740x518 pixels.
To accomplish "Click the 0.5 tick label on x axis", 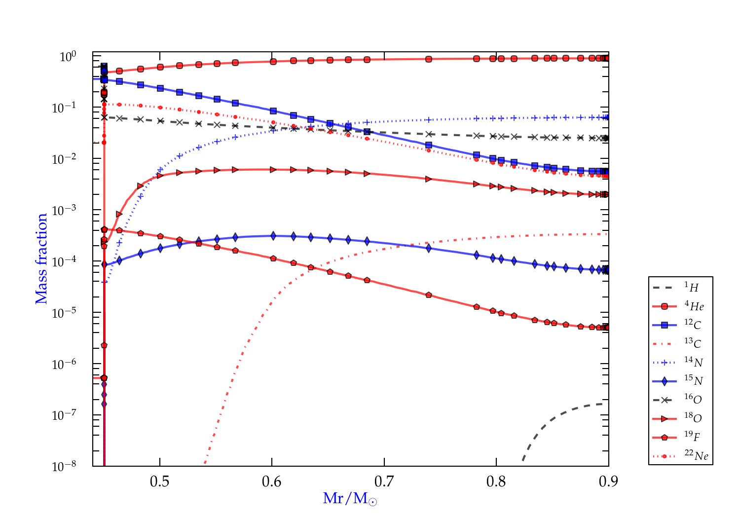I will pyautogui.click(x=159, y=481).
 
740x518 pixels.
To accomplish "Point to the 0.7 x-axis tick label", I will pyautogui.click(x=384, y=481).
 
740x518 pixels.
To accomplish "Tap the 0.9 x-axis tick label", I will pyautogui.click(x=608, y=481).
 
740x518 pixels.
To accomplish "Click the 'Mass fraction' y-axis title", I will pyautogui.click(x=41, y=259).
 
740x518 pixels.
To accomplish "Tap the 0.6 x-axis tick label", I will pyautogui.click(x=272, y=481).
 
